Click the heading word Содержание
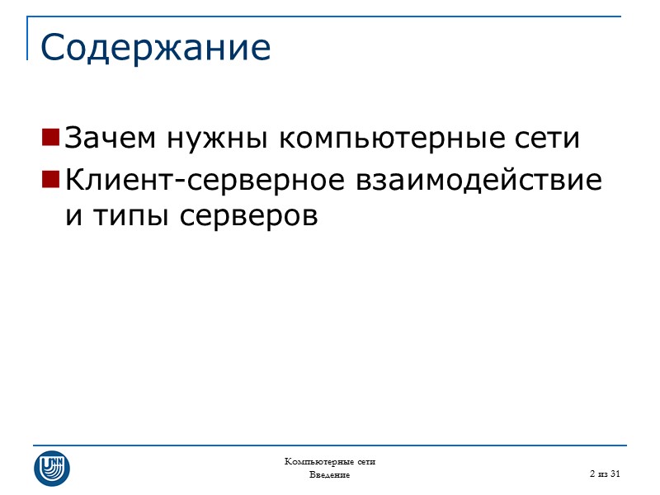155,48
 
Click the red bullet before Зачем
50,135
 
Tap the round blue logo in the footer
52,468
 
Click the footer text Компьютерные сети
330,461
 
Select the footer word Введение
330,475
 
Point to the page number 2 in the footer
592,474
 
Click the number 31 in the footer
614,474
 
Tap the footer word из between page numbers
602,474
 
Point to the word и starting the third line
71,216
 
